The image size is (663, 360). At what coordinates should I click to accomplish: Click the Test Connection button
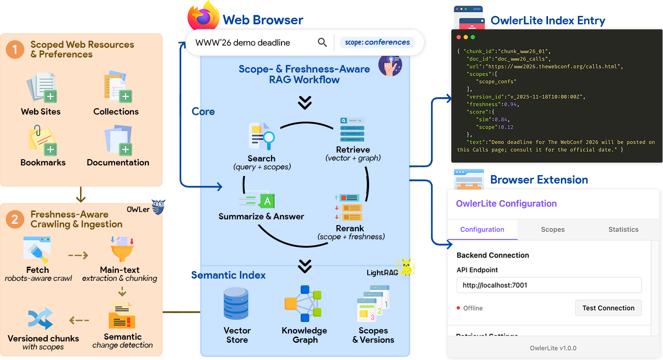[x=608, y=308]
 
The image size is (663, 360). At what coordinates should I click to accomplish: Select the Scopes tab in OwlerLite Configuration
[x=552, y=230]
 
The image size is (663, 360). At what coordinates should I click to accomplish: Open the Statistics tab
[x=623, y=230]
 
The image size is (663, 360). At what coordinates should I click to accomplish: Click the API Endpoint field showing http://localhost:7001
[x=549, y=285]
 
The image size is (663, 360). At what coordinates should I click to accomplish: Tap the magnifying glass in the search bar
[x=322, y=42]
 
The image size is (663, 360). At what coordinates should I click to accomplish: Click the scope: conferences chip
[x=377, y=42]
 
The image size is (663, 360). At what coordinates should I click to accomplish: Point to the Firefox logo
[x=203, y=15]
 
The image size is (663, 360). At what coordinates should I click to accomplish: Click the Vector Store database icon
[x=236, y=304]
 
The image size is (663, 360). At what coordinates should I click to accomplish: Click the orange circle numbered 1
[x=15, y=50]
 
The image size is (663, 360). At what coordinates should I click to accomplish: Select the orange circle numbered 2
[x=15, y=219]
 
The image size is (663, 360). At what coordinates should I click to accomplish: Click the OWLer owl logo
[x=158, y=207]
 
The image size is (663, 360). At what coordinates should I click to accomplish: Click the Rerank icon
[x=349, y=207]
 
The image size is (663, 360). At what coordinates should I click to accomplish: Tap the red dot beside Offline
[x=458, y=308]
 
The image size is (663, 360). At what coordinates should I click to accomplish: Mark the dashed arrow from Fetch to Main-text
[x=78, y=255]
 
